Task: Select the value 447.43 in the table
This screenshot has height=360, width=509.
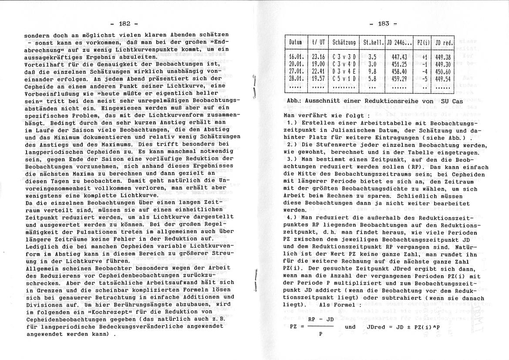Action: (x=399, y=57)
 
